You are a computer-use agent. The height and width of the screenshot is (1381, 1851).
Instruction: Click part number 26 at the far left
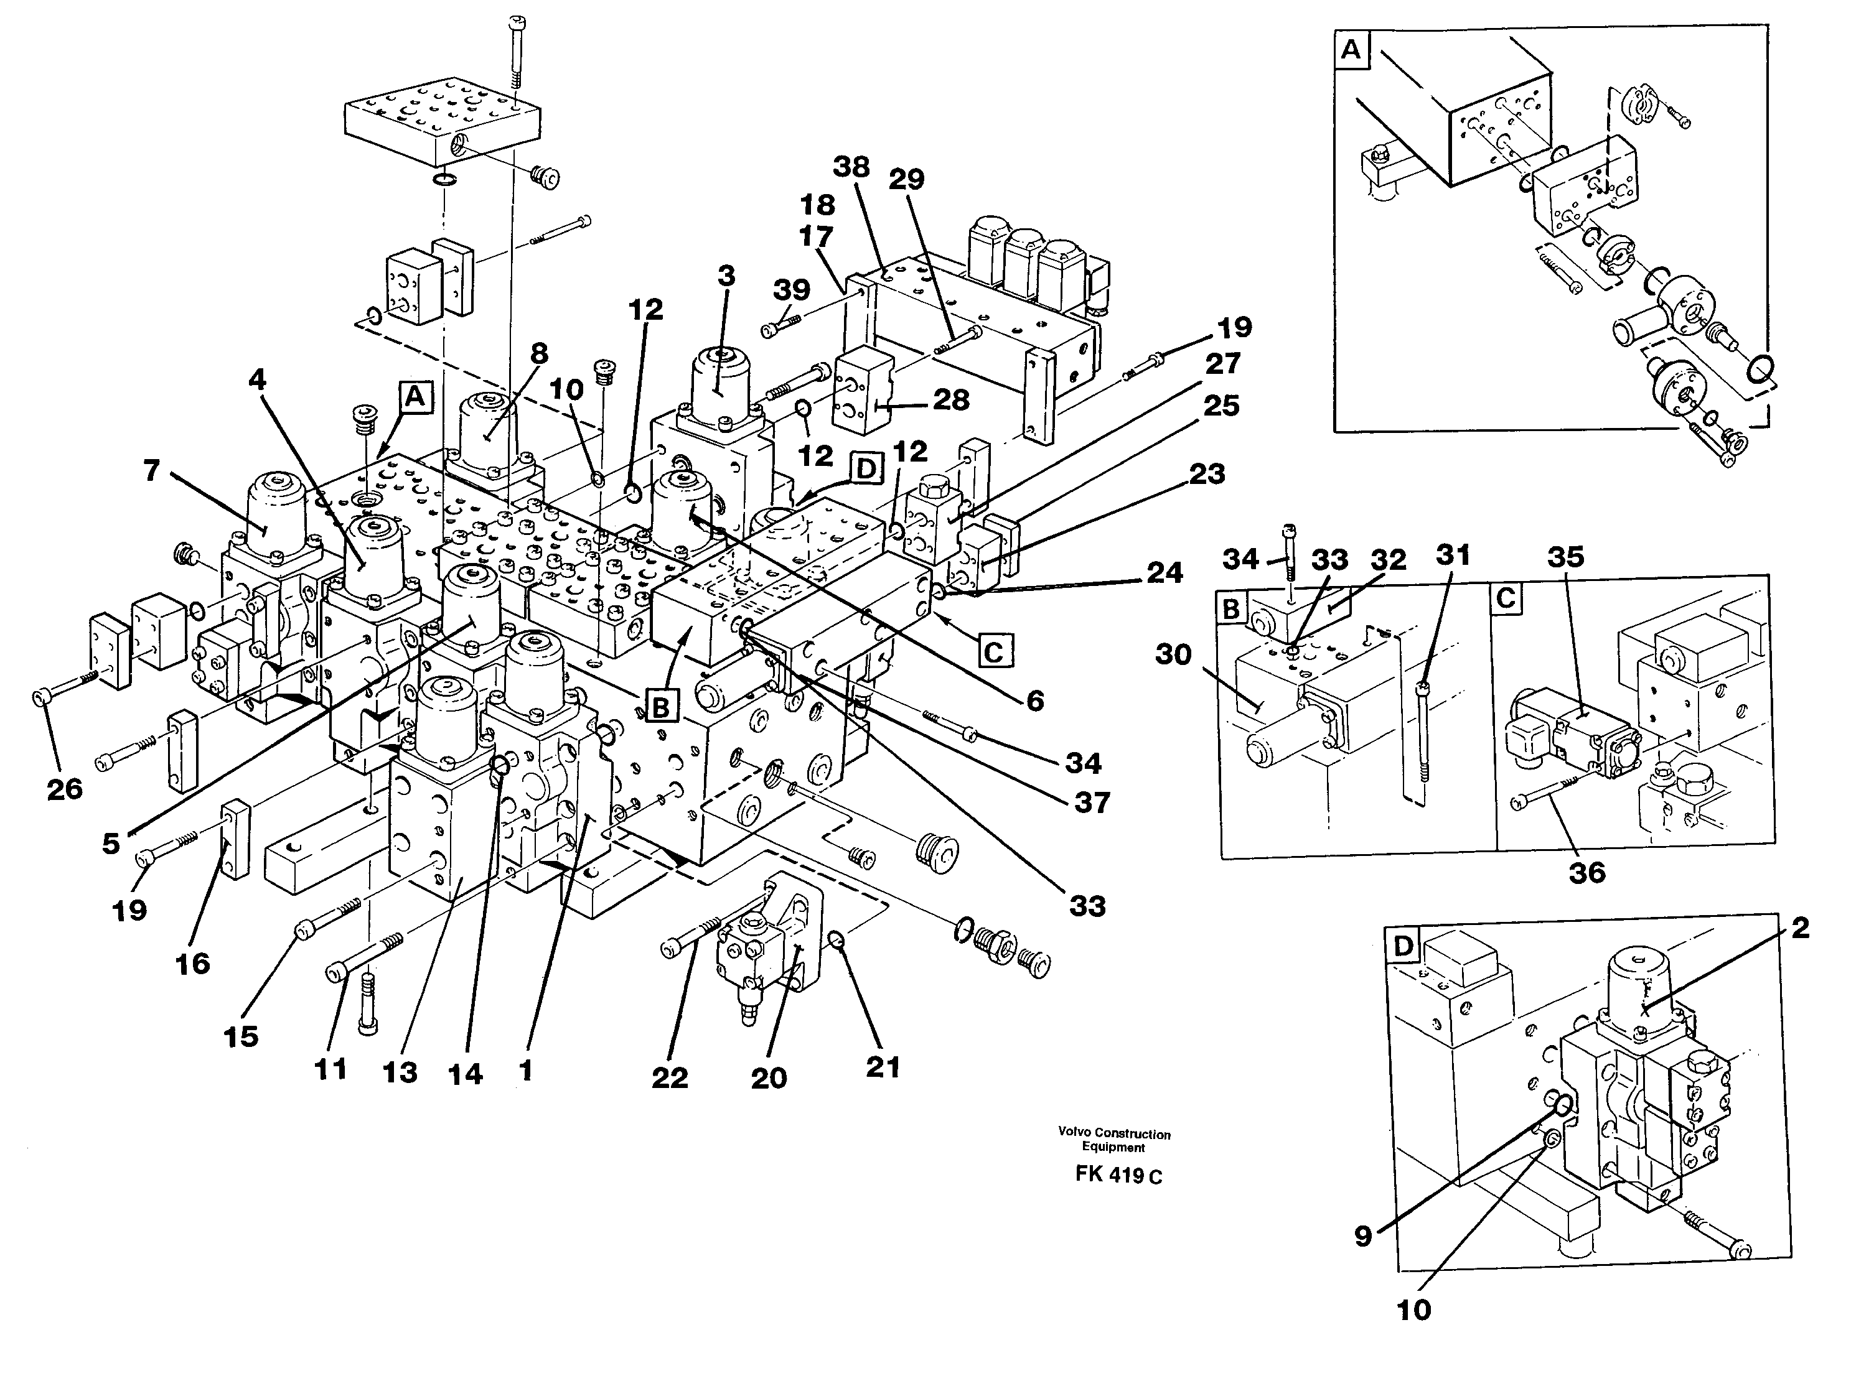coord(64,788)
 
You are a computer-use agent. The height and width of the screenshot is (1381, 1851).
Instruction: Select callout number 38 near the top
coord(851,167)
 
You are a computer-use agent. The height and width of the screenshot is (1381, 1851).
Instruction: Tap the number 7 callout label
coord(151,471)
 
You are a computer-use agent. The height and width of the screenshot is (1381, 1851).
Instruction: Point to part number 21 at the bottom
coord(883,1067)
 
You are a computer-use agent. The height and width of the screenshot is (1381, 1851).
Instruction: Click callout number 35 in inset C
coord(1565,556)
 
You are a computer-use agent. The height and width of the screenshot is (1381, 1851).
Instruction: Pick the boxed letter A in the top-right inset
coord(1351,50)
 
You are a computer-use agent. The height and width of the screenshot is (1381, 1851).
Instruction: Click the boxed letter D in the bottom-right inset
coord(1403,946)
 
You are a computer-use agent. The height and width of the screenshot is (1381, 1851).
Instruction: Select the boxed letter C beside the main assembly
coord(994,650)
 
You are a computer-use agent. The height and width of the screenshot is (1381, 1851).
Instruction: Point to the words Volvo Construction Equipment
coord(1114,1140)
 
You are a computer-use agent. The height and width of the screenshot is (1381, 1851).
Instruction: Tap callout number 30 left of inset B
coord(1173,654)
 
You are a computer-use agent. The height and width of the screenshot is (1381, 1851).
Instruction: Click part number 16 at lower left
coord(192,963)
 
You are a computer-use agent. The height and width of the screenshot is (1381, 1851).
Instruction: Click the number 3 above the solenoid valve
coord(726,275)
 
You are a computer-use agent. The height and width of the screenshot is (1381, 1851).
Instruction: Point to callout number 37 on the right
coord(1092,802)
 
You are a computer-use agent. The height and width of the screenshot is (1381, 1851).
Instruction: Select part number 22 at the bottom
coord(670,1077)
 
